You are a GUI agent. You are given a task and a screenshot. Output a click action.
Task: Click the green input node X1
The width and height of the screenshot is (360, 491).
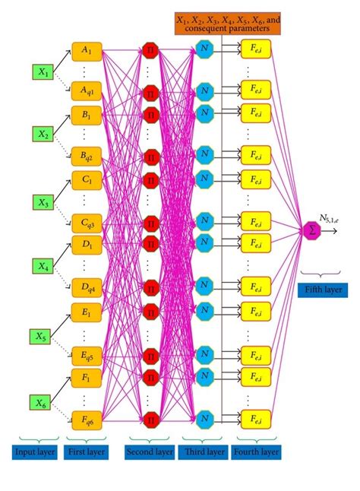tap(43, 73)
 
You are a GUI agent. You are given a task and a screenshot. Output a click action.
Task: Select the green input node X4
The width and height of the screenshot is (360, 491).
tap(43, 266)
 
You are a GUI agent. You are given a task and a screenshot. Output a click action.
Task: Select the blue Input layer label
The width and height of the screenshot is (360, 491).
tap(35, 453)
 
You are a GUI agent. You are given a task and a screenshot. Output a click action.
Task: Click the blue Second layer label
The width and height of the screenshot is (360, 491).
tap(150, 453)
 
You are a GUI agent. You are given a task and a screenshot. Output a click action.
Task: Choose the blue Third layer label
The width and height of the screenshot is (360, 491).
tap(204, 453)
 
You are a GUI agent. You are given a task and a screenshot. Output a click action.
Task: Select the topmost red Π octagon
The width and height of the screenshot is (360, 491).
tap(150, 51)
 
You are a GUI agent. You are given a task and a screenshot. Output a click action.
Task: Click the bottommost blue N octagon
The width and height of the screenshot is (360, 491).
tap(204, 419)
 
